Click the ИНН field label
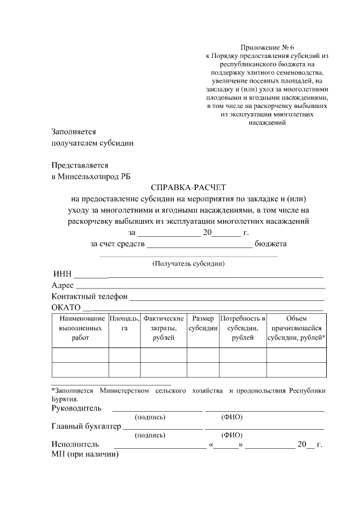click(62, 274)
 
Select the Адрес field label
click(62, 286)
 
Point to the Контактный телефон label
click(89, 296)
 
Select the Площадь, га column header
click(124, 323)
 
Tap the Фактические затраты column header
click(163, 328)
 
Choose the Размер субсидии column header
click(202, 323)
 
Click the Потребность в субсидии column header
click(242, 328)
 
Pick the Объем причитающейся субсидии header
click(296, 328)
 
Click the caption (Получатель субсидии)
click(188, 263)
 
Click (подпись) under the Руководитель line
click(150, 417)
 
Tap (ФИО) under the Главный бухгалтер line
click(232, 435)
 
